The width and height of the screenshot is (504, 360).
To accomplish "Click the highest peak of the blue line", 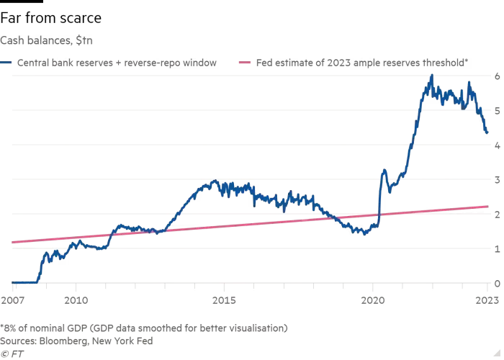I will pyautogui.click(x=430, y=76).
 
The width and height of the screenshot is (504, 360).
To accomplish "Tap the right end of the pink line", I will pyautogui.click(x=490, y=205).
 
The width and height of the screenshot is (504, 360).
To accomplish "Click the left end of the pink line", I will pyautogui.click(x=13, y=243).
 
